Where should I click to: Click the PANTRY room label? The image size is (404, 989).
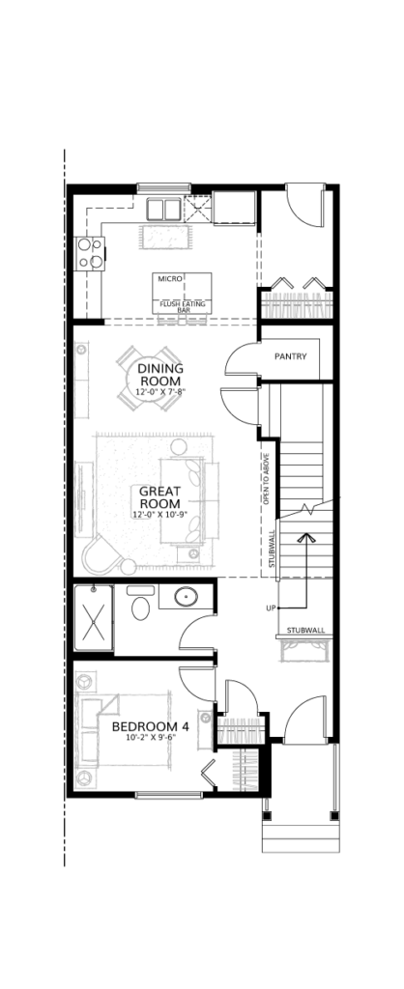(290, 356)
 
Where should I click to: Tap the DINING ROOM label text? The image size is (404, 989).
(160, 375)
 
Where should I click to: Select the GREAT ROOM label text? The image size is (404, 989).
(159, 497)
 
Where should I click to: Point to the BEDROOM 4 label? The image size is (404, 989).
(150, 726)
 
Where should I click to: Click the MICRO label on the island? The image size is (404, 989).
(170, 278)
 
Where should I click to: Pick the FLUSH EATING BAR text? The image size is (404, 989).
(184, 306)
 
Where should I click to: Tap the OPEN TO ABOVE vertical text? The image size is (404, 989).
(267, 478)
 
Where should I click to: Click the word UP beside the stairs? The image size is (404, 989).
(272, 608)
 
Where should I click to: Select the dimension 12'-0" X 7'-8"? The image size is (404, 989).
(160, 392)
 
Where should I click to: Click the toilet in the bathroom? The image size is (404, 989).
(140, 605)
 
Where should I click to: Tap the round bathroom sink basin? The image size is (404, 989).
(186, 596)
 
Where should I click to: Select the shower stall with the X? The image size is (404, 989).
(94, 617)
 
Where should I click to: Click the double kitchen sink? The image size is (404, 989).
(164, 209)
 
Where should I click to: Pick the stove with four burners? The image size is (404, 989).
(89, 253)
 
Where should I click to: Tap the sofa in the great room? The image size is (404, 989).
(182, 501)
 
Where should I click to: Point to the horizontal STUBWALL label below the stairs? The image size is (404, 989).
(305, 630)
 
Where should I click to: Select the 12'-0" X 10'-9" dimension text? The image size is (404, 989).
(159, 515)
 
